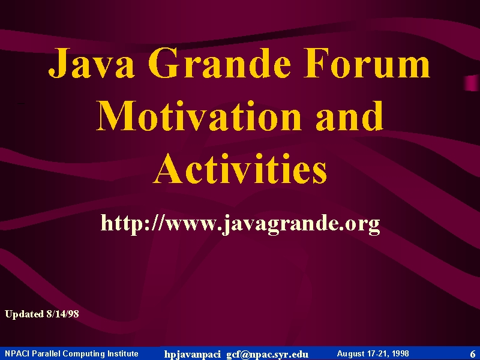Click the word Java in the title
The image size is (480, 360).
92,63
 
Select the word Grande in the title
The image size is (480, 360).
220,62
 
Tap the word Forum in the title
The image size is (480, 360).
367,62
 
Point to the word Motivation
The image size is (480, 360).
199,115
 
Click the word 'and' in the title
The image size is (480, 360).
349,115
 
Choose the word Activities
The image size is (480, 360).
240,168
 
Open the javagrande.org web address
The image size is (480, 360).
241,224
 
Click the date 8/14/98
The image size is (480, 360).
63,314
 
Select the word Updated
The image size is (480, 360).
24,314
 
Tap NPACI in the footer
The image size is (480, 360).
17,353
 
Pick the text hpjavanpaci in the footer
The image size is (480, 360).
192,355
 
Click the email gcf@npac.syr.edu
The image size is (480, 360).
267,355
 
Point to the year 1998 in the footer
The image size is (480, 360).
399,353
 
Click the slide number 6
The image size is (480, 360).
473,354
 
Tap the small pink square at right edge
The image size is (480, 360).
472,83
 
